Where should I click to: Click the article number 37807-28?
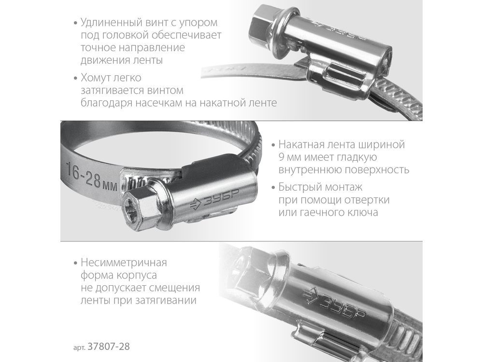tap(109, 347)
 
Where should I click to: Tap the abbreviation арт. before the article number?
tap(80, 348)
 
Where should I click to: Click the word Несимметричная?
tap(124, 263)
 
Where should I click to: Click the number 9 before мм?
tap(282, 157)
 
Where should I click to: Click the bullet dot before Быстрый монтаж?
tap(272, 188)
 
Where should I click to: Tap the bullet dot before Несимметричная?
tap(75, 263)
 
